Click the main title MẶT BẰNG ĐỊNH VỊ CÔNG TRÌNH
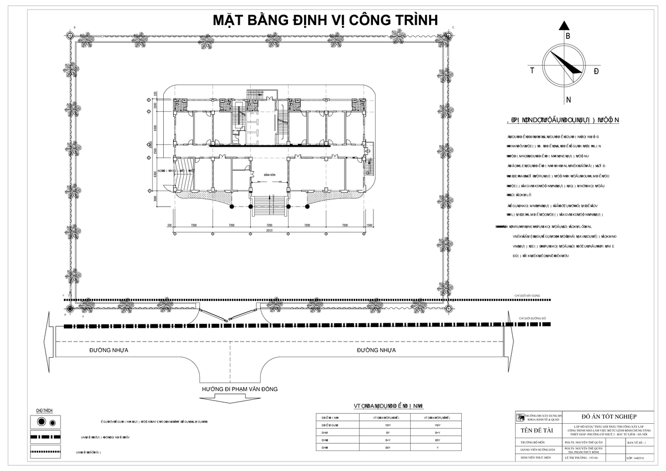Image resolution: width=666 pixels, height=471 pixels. point(326,21)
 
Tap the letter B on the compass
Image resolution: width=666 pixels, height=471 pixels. point(567,36)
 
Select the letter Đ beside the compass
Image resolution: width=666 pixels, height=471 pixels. point(596,71)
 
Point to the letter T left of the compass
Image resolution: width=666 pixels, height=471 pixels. point(532,71)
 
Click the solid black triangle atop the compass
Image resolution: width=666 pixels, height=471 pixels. point(565,26)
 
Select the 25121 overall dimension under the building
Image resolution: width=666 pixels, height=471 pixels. point(270,230)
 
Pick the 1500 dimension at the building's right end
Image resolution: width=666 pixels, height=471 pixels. point(369,226)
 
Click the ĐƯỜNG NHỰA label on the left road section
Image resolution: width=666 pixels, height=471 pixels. point(109,350)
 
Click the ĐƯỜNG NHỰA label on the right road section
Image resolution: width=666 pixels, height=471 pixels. point(376,350)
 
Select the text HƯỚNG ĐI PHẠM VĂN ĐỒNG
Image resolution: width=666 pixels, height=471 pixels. point(239,389)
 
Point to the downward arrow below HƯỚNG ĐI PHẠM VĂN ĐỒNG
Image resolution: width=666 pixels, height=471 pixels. point(239,400)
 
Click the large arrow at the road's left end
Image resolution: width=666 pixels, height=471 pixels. point(48,341)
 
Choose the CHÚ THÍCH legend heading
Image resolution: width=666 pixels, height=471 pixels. point(44,410)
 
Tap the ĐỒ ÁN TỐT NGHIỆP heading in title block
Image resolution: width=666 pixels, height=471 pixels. point(609,417)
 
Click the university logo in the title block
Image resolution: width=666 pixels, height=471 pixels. point(520,417)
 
